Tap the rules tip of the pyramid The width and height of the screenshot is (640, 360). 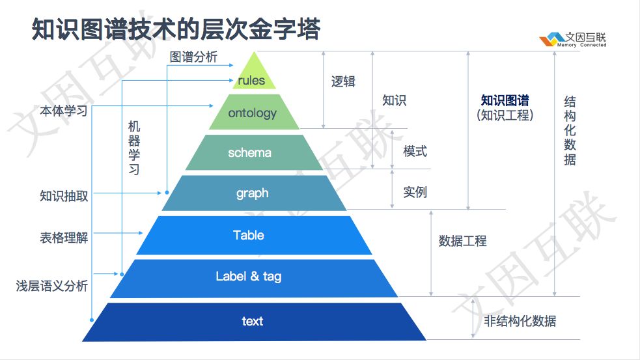tap(252, 79)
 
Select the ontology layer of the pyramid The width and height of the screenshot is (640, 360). tap(253, 113)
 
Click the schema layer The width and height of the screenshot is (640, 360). tap(250, 153)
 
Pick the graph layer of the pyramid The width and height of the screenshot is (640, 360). tap(252, 193)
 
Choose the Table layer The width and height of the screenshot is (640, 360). tap(249, 235)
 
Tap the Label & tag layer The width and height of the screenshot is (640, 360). tap(249, 277)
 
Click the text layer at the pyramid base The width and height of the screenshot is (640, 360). tap(252, 321)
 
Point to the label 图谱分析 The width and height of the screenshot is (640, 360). tap(193, 57)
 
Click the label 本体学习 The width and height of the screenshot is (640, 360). tap(64, 111)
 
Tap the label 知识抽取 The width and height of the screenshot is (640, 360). tap(64, 195)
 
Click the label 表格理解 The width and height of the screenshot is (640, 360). tap(64, 238)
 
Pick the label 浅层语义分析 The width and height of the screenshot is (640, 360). tap(52, 286)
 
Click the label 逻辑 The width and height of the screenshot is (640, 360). tap(343, 81)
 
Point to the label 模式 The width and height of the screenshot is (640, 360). tap(415, 151)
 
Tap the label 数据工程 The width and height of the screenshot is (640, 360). tap(462, 240)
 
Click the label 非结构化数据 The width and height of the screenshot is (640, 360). tap(520, 321)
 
